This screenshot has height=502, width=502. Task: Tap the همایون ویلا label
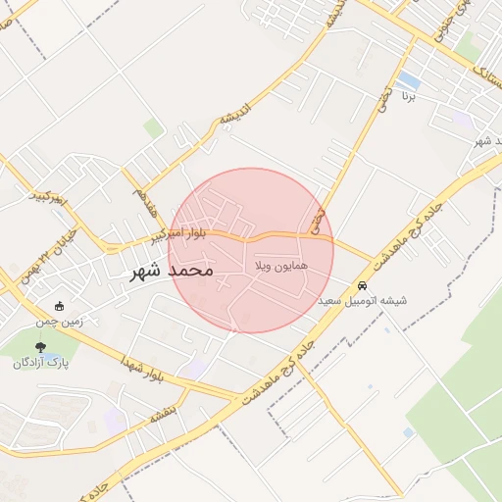click(281, 266)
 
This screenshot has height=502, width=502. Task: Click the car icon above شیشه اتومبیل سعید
click(362, 285)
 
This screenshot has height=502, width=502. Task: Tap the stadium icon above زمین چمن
click(61, 306)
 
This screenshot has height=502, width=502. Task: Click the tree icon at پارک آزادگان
click(40, 346)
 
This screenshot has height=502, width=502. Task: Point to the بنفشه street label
click(161, 413)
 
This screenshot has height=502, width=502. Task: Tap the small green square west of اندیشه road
click(153, 127)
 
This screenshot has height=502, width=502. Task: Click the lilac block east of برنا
click(461, 120)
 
